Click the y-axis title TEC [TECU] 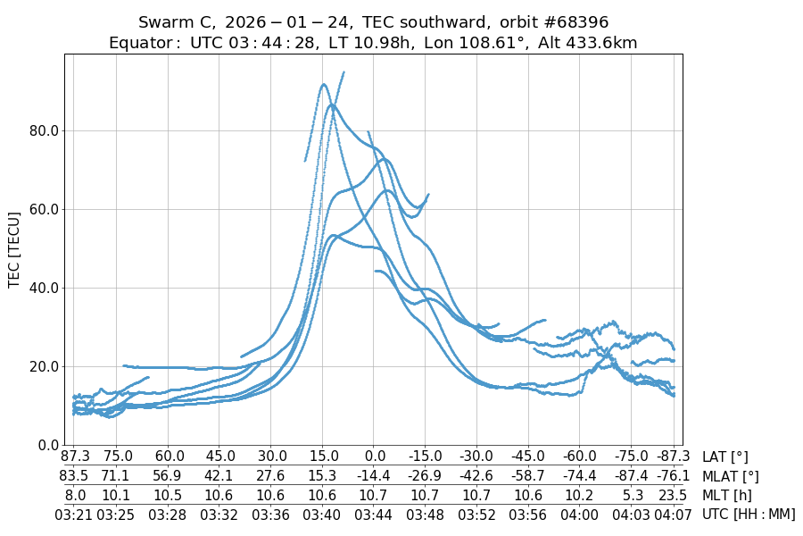click(14, 249)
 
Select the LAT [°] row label click(725, 457)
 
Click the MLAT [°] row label click(731, 476)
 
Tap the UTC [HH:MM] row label click(749, 514)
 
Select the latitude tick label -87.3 click(662, 457)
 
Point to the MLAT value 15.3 click(322, 476)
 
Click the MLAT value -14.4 click(375, 476)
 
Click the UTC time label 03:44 click(375, 514)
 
